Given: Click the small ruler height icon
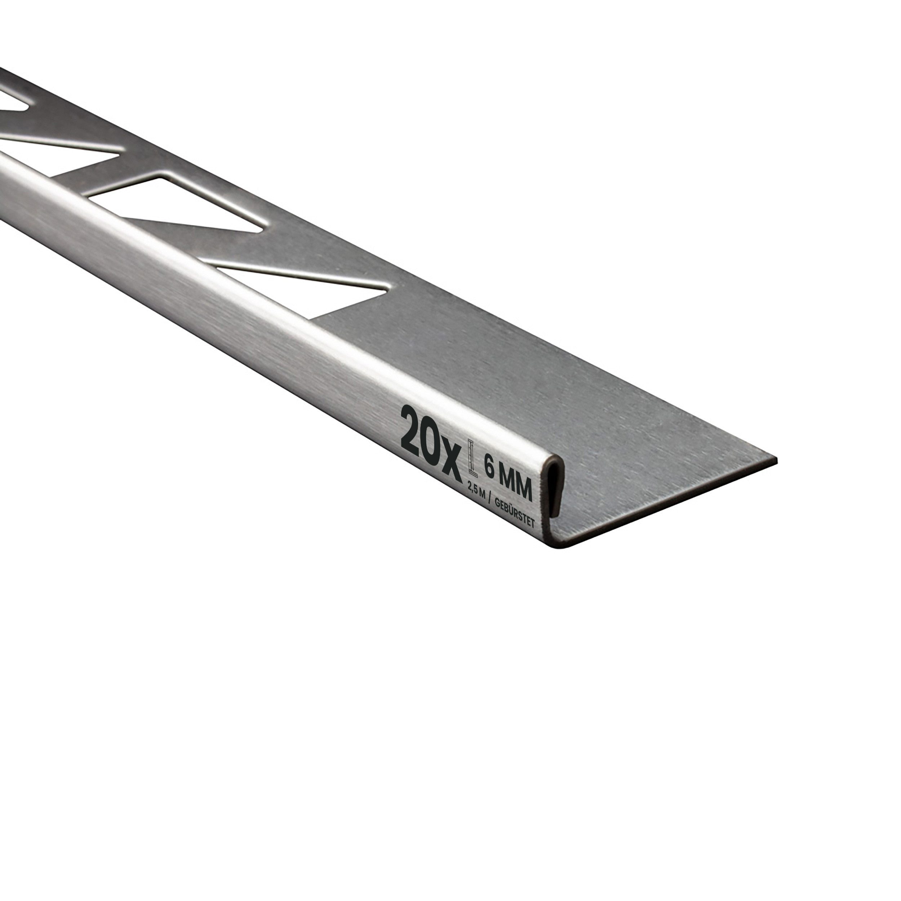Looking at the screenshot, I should coord(471,460).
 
